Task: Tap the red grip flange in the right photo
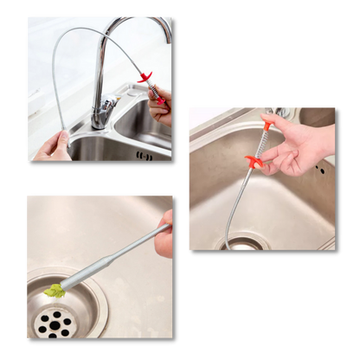point(254,160)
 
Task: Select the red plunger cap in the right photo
point(270,125)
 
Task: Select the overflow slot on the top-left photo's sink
point(141,156)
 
